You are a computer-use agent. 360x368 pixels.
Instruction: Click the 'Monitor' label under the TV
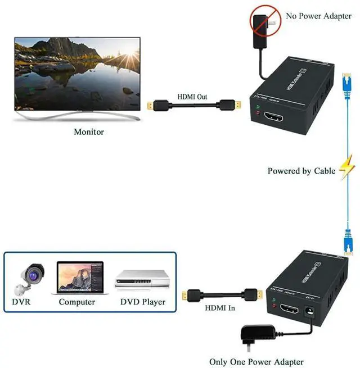(x=89, y=132)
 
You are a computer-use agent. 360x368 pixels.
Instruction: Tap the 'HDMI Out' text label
(x=192, y=97)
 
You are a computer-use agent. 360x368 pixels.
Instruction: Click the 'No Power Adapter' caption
(x=319, y=16)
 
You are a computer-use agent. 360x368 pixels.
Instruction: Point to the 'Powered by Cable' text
(x=301, y=171)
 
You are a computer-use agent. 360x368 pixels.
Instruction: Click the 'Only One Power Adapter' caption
(x=256, y=362)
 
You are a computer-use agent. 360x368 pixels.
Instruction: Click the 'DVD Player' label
(x=143, y=302)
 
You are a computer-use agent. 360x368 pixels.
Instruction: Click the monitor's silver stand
(x=76, y=116)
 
